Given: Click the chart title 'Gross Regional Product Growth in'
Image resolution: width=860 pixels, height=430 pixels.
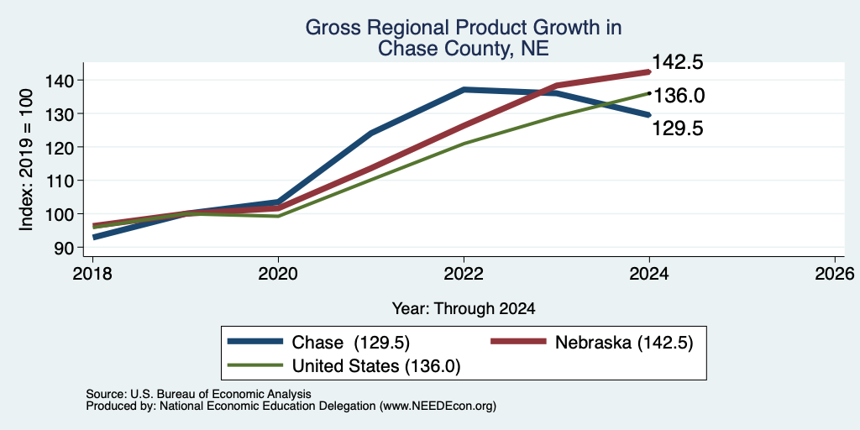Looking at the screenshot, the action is [x=464, y=28].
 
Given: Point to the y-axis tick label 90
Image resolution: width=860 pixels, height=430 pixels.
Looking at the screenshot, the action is [x=62, y=248].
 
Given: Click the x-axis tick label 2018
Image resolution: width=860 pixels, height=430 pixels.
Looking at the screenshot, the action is [x=92, y=274].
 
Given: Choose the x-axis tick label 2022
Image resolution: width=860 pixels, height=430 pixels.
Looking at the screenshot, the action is [x=464, y=274].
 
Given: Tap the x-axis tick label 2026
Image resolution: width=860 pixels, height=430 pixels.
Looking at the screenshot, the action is [x=836, y=274].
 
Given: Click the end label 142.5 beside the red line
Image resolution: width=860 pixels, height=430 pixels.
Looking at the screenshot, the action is [x=678, y=62].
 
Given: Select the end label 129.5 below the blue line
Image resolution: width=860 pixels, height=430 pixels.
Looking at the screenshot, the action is [x=678, y=128].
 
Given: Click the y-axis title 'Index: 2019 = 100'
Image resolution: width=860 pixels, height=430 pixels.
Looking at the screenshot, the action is [x=26, y=160].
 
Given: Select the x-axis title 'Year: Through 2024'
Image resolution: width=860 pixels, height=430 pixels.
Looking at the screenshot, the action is [x=464, y=309].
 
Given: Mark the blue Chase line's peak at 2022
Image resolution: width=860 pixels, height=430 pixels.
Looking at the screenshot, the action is [x=464, y=89].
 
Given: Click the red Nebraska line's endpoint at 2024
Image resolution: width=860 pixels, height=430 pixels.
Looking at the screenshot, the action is [x=649, y=71].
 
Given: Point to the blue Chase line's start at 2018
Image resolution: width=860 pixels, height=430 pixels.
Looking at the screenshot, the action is [x=93, y=238].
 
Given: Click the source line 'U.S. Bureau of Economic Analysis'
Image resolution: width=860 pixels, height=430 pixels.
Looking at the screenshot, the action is [x=221, y=394].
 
